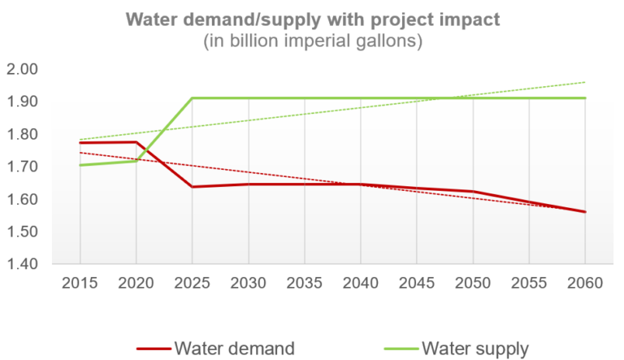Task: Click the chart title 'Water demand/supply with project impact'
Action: tap(312, 19)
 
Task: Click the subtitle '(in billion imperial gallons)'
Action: tap(312, 41)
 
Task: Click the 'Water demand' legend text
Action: tap(234, 348)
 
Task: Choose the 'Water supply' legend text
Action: tap(474, 348)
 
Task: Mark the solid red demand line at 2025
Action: tap(192, 187)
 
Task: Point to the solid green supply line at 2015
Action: tap(80, 165)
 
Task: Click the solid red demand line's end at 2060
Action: tap(585, 212)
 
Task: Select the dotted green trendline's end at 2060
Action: tap(585, 82)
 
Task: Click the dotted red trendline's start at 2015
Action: tap(80, 153)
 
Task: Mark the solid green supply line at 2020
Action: tap(136, 161)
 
